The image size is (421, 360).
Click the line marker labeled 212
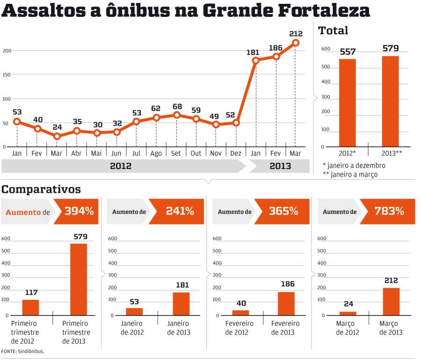(x=296, y=43)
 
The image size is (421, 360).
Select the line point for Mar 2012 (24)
(x=57, y=136)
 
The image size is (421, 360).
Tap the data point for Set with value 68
(x=176, y=115)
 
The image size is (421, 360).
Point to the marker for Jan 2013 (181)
(x=255, y=60)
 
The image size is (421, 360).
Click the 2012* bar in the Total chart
(x=348, y=103)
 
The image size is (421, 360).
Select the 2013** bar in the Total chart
(x=390, y=101)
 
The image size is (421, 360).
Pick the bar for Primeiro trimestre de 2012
(x=31, y=307)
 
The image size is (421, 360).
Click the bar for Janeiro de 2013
(x=181, y=303)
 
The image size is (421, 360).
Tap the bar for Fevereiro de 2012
(x=240, y=312)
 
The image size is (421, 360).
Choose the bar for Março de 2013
(x=391, y=301)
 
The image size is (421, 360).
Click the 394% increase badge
(x=79, y=211)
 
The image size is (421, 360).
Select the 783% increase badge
(x=389, y=211)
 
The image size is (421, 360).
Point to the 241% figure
(x=180, y=211)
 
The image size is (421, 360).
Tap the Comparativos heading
(x=41, y=189)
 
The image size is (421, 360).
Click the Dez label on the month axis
(x=236, y=153)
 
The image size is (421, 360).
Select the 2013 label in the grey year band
(x=280, y=166)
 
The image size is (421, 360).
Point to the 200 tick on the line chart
(x=7, y=51)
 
